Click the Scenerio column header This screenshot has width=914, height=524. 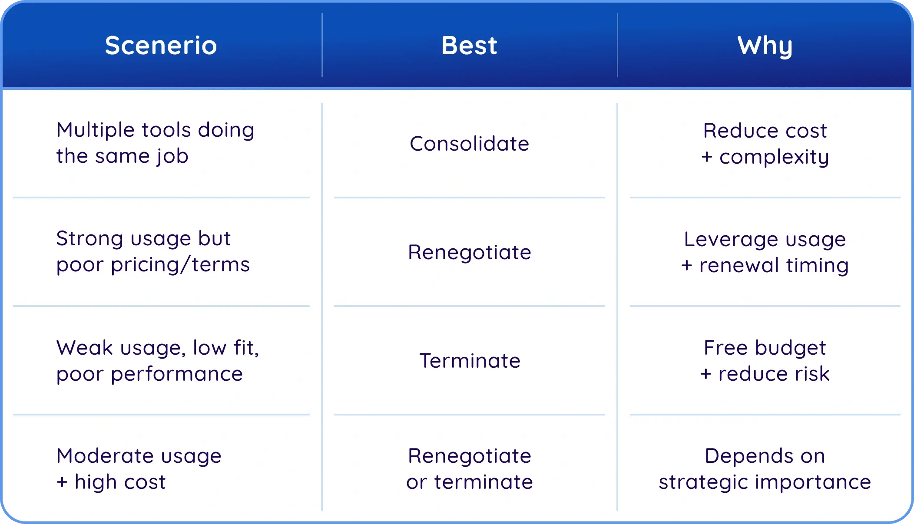(x=161, y=45)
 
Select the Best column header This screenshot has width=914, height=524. (x=469, y=45)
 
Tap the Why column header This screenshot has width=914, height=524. (x=765, y=46)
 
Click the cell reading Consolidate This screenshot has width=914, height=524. (x=469, y=143)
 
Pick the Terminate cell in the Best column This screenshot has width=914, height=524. (x=470, y=360)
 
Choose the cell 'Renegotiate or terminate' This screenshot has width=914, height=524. (x=469, y=468)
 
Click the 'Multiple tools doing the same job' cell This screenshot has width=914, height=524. (x=155, y=143)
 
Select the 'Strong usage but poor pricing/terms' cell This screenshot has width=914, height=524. (x=153, y=251)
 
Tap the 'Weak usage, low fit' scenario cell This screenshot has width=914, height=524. (x=158, y=360)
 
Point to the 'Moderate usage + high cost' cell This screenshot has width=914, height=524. (x=139, y=469)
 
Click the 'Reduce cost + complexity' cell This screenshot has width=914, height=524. (x=765, y=143)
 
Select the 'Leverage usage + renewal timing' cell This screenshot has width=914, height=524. (x=765, y=252)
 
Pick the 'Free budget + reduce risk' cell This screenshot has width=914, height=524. (x=765, y=360)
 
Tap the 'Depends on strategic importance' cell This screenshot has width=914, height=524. (x=765, y=469)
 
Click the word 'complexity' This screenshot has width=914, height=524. (x=774, y=157)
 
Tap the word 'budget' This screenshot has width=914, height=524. (x=790, y=348)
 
